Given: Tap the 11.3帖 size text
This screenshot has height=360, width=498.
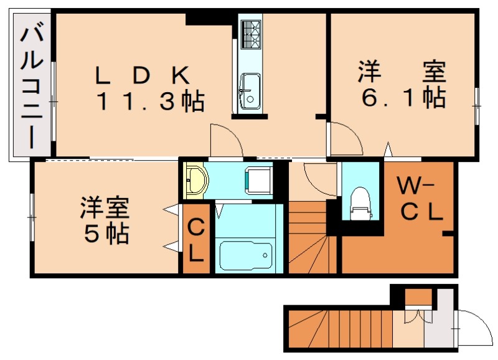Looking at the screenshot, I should tap(150, 102).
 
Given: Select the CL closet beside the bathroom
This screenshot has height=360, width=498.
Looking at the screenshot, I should tap(195, 239).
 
